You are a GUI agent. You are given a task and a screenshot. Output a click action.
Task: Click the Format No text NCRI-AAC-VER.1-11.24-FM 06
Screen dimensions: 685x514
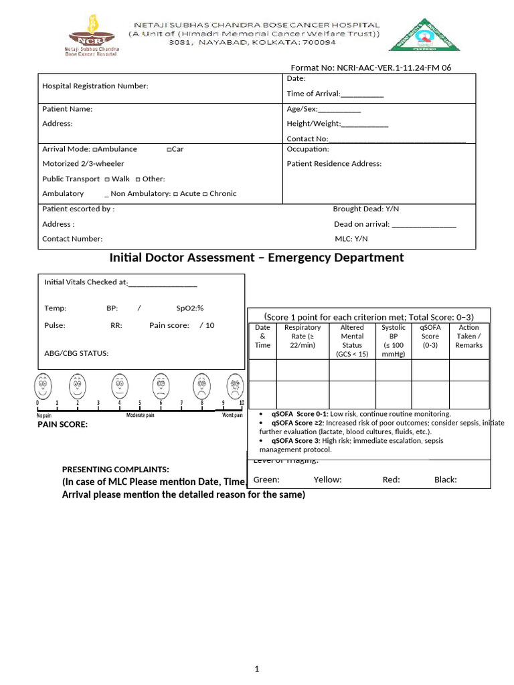click(370, 68)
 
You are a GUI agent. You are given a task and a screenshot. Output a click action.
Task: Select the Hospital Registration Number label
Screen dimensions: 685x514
click(95, 86)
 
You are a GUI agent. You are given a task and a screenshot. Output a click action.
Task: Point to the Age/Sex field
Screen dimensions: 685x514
click(324, 109)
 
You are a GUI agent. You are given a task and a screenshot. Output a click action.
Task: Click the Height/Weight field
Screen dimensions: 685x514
click(337, 124)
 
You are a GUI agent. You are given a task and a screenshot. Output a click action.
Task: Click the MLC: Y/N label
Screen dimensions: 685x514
click(351, 239)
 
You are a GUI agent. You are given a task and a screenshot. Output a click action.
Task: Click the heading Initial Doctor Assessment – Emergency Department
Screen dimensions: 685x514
click(256, 258)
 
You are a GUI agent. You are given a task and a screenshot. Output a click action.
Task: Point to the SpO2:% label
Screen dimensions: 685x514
click(189, 308)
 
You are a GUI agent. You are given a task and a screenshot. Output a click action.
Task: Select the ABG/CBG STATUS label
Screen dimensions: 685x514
click(76, 353)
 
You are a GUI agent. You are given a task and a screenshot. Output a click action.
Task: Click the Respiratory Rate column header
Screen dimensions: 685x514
click(303, 336)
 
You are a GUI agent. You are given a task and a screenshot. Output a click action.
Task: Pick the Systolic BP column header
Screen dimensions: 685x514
click(393, 341)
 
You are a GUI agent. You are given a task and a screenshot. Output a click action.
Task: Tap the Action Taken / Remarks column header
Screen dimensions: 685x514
click(468, 336)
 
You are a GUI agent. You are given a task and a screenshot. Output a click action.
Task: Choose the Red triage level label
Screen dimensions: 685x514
click(392, 480)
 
